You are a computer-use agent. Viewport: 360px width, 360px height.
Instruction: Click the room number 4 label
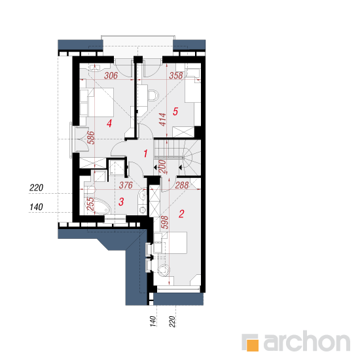[x=109, y=123]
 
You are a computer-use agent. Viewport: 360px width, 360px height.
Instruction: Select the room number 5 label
[x=175, y=111]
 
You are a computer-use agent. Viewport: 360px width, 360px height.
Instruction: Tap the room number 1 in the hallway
[x=145, y=153]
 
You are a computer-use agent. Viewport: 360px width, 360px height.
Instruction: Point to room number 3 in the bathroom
[x=121, y=202]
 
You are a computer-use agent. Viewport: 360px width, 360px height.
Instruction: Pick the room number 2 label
[x=181, y=214]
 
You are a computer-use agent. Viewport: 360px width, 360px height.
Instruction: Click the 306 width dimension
[x=111, y=75]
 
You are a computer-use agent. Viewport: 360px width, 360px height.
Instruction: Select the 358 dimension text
[x=176, y=75]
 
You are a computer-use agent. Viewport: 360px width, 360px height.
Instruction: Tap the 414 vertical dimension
[x=162, y=119]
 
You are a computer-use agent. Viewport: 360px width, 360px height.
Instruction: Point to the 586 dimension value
[x=91, y=137]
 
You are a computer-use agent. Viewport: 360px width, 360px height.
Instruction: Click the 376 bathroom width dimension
[x=126, y=185]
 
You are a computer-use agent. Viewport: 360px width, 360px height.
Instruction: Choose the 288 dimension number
[x=182, y=185]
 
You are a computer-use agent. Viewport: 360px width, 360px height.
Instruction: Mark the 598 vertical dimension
[x=164, y=223]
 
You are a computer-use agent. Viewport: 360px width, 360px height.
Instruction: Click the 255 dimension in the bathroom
[x=91, y=204]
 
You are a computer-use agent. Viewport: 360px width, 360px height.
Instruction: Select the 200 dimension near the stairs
[x=162, y=167]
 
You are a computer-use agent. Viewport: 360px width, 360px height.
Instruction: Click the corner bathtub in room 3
[x=98, y=206]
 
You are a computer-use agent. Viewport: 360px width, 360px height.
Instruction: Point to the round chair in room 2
[x=164, y=270]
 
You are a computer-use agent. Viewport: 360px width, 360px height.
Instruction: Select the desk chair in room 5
[x=153, y=96]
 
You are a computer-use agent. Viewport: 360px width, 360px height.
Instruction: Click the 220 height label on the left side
[x=36, y=188]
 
